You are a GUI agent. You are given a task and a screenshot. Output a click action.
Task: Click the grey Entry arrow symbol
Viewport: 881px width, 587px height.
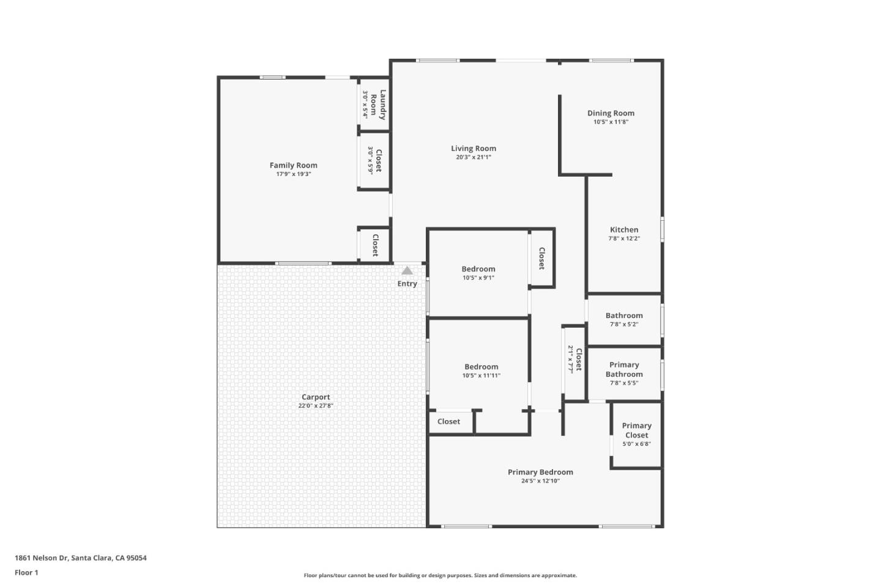click(x=407, y=270)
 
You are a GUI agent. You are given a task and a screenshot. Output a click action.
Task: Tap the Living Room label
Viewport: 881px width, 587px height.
click(x=474, y=149)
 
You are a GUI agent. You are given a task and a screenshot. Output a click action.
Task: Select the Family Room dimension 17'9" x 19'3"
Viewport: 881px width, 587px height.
click(x=294, y=174)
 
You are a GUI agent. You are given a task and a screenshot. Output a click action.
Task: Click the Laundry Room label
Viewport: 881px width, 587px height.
click(x=379, y=105)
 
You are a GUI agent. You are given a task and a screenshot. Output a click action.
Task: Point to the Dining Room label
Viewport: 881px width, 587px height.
click(x=611, y=113)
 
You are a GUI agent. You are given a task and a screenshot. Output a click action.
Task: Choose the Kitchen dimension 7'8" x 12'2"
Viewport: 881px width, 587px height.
click(x=624, y=238)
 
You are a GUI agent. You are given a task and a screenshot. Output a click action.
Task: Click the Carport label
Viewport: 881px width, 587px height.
click(x=316, y=397)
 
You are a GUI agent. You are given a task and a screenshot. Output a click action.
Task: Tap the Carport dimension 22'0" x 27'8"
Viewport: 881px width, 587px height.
click(x=316, y=406)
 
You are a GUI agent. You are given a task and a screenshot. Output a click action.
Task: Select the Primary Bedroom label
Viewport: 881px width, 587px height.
click(x=540, y=472)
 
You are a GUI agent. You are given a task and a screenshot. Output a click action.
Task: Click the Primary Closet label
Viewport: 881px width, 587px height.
click(x=637, y=430)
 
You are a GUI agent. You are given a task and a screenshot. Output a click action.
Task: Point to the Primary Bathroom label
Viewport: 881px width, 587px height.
click(x=624, y=369)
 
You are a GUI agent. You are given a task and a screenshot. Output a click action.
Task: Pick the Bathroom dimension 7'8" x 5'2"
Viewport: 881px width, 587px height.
click(x=624, y=325)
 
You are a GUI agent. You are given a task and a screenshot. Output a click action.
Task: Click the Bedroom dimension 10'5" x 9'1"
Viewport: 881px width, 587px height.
click(x=478, y=278)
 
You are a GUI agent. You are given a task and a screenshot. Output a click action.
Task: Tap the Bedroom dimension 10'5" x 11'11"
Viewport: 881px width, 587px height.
click(x=481, y=375)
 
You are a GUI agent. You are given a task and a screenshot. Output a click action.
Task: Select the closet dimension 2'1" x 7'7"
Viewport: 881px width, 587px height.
click(x=571, y=360)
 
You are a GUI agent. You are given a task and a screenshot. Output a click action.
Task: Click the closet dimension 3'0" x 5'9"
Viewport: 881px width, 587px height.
click(x=370, y=160)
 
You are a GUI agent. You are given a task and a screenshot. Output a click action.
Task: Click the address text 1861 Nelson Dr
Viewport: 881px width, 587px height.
click(x=40, y=558)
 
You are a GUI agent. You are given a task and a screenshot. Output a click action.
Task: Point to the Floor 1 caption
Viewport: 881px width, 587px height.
click(x=26, y=573)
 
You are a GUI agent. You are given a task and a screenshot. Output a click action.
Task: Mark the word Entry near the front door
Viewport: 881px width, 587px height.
click(x=407, y=284)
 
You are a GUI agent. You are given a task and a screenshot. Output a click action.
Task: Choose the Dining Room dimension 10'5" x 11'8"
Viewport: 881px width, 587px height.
click(x=611, y=122)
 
